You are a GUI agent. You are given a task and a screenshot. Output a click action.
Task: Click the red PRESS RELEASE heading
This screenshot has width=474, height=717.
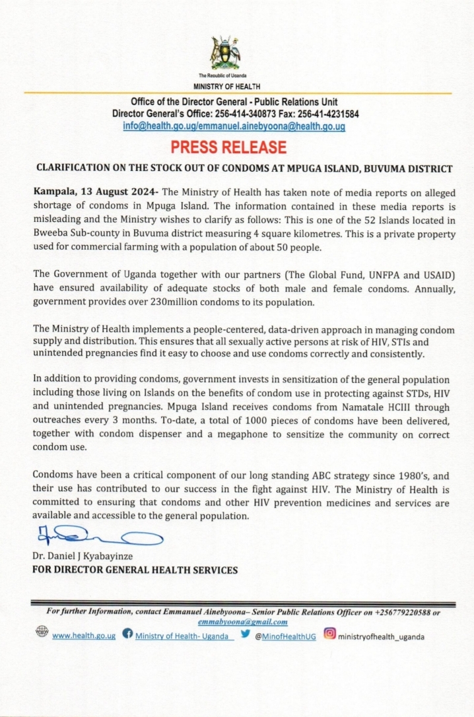[228, 147]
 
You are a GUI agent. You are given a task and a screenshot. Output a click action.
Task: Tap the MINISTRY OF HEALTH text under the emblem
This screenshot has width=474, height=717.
[226, 86]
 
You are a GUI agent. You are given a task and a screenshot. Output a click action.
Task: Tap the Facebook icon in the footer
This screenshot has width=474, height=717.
[127, 636]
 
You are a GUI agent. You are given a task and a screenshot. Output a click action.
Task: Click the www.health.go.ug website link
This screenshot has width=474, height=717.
[84, 637]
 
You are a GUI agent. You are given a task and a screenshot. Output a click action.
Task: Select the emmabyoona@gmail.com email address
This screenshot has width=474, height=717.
[242, 622]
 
